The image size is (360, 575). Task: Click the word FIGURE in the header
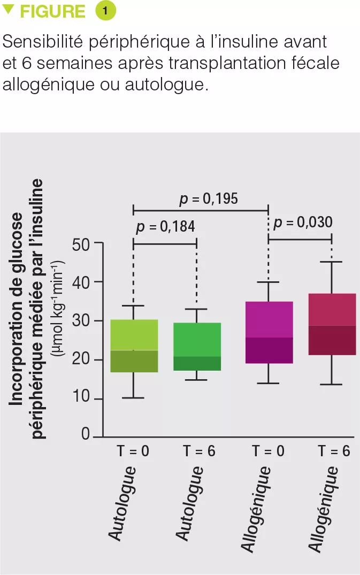[52, 12]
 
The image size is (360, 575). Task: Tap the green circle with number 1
[105, 11]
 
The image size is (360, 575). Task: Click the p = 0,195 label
[209, 200]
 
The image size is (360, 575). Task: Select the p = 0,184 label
[166, 227]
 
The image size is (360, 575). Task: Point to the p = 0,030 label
[303, 223]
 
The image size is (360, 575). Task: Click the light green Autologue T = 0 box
[134, 346]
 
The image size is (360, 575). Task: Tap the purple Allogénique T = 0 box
[269, 333]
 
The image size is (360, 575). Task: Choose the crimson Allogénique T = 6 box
[332, 325]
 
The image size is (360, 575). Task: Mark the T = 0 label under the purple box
[269, 451]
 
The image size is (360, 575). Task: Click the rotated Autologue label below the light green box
[124, 503]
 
